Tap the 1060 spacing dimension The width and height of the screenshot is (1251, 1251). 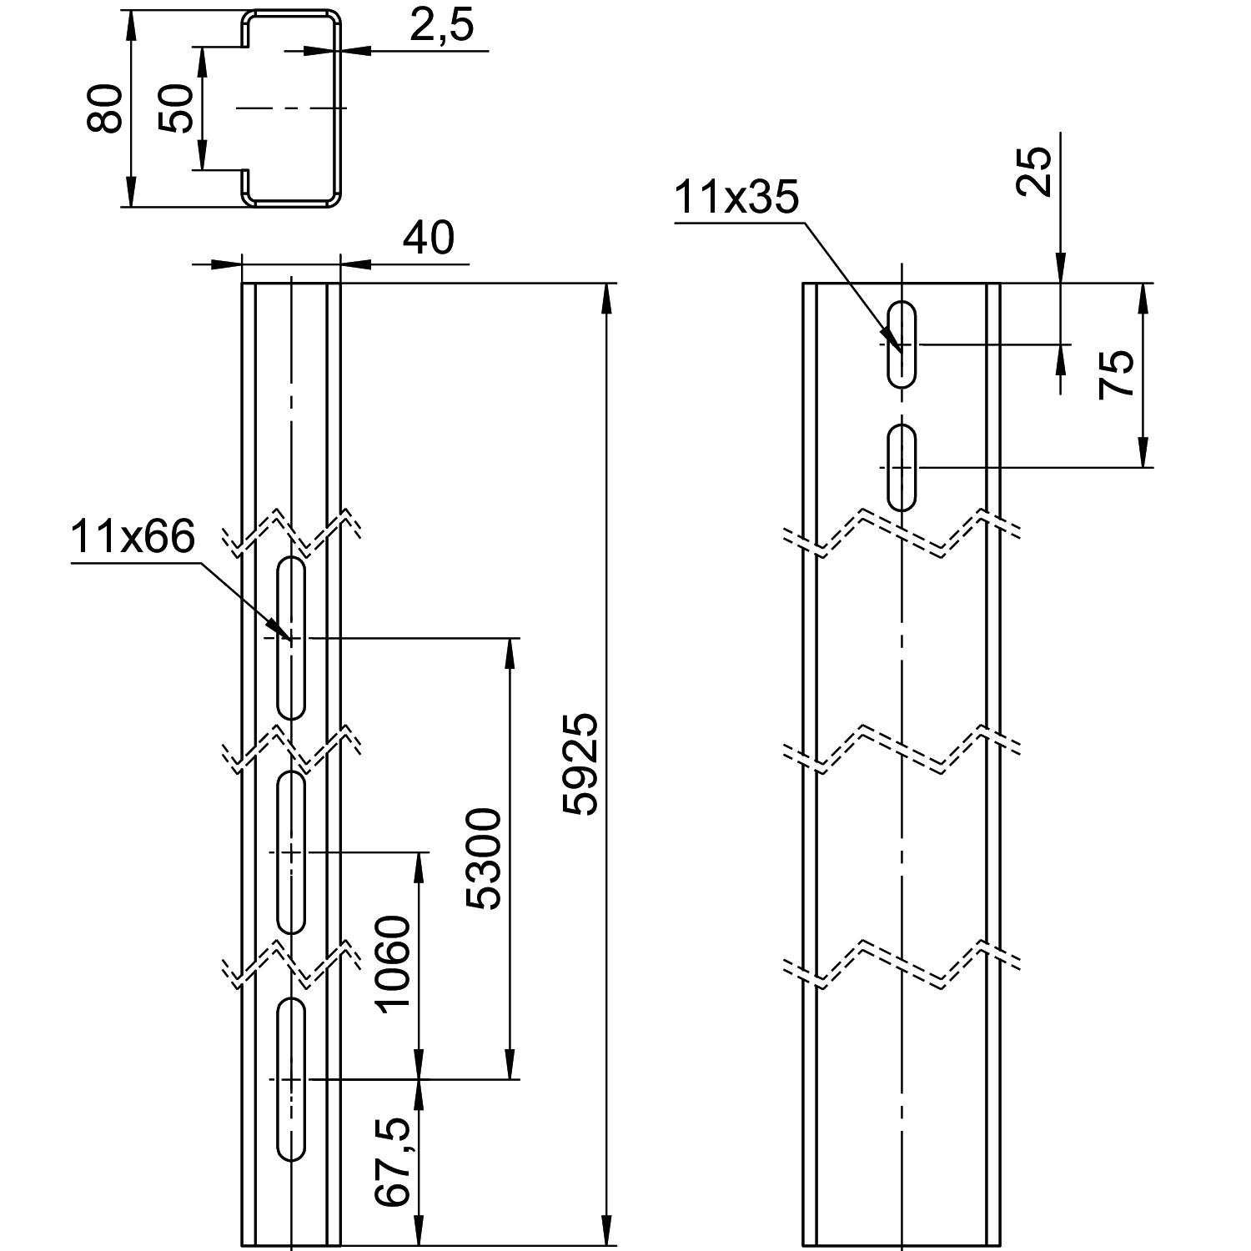pyautogui.click(x=394, y=963)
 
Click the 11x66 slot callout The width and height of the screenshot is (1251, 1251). pyautogui.click(x=133, y=536)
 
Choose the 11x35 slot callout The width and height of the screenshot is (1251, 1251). pyautogui.click(x=736, y=198)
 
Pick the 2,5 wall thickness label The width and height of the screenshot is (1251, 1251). pyautogui.click(x=441, y=26)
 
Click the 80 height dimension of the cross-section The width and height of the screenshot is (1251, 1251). pyautogui.click(x=106, y=108)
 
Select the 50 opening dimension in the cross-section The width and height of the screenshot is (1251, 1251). pyautogui.click(x=177, y=108)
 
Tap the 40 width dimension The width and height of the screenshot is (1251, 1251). pyautogui.click(x=429, y=239)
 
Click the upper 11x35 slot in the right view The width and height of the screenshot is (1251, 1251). pyautogui.click(x=902, y=344)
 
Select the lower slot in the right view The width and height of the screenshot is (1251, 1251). pyautogui.click(x=902, y=467)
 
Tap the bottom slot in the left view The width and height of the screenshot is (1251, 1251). pyautogui.click(x=291, y=1078)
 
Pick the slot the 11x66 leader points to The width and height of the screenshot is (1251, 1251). pyautogui.click(x=291, y=638)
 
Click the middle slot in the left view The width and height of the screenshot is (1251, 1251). pyautogui.click(x=291, y=852)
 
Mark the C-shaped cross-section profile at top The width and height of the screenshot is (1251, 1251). pyautogui.click(x=292, y=108)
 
